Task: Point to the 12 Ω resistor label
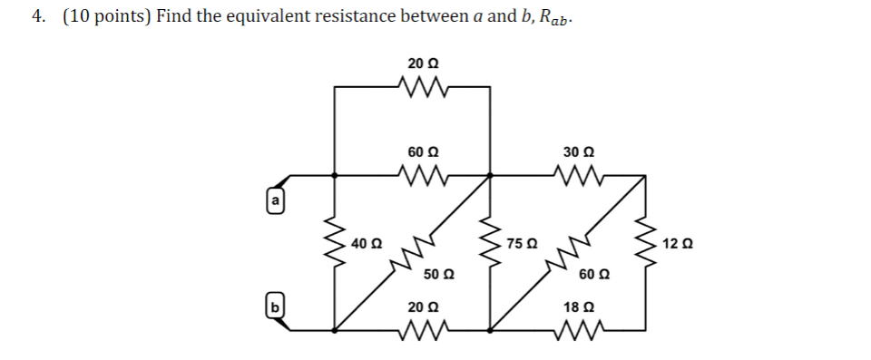[x=678, y=243]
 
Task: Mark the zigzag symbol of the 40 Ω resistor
[x=336, y=243]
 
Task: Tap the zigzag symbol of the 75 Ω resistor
[x=491, y=243]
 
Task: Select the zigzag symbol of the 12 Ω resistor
[x=646, y=243]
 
